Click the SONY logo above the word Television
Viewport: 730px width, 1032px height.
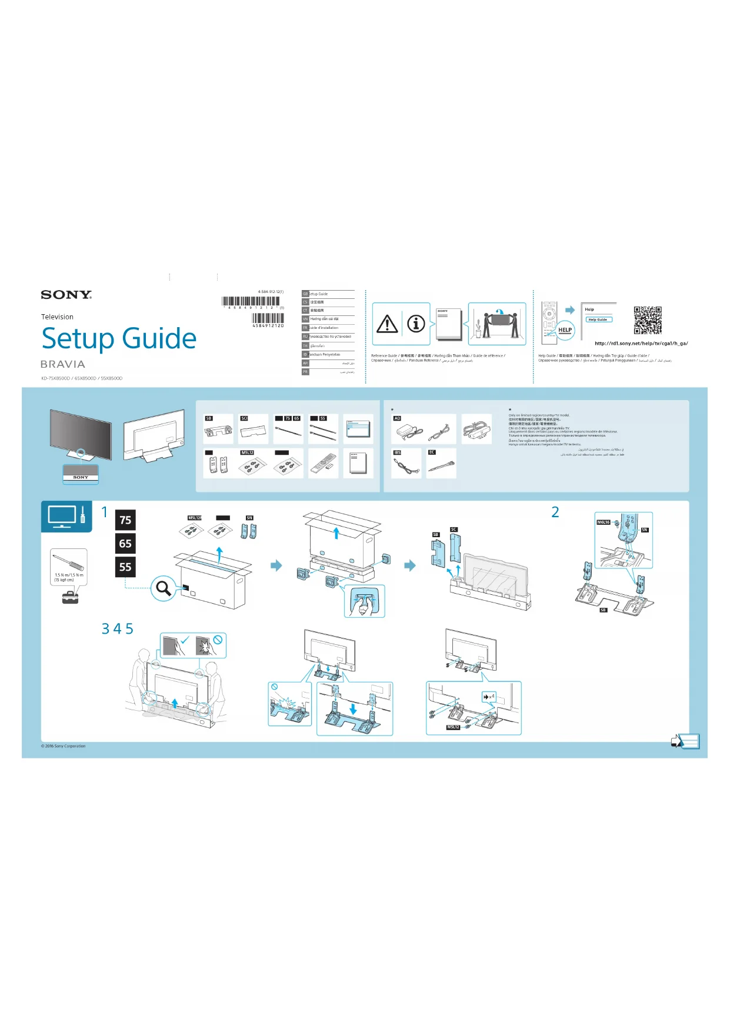(x=66, y=295)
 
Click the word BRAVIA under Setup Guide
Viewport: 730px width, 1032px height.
(x=63, y=364)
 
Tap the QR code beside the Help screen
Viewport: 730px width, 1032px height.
(x=647, y=320)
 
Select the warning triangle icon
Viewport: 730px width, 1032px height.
(x=387, y=324)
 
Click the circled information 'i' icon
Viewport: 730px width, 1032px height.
(x=416, y=324)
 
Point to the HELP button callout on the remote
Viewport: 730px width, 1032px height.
(x=565, y=330)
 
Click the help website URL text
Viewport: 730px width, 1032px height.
(x=641, y=344)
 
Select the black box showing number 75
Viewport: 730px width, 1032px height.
(x=125, y=520)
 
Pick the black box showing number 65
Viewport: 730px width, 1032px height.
(x=125, y=544)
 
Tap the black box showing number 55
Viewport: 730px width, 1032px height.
(x=125, y=567)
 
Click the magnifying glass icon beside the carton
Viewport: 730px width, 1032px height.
(x=163, y=588)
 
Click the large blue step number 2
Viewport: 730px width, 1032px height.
(x=555, y=512)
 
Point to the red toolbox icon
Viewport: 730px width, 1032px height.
(x=70, y=598)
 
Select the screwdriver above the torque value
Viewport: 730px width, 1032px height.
(x=68, y=562)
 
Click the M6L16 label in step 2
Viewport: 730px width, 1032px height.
(x=604, y=522)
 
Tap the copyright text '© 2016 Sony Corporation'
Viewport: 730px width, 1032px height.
(x=64, y=746)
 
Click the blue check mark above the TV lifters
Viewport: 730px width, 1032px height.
(x=185, y=640)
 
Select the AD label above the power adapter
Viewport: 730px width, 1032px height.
(x=397, y=418)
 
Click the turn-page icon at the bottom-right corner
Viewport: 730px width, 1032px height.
(x=685, y=741)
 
